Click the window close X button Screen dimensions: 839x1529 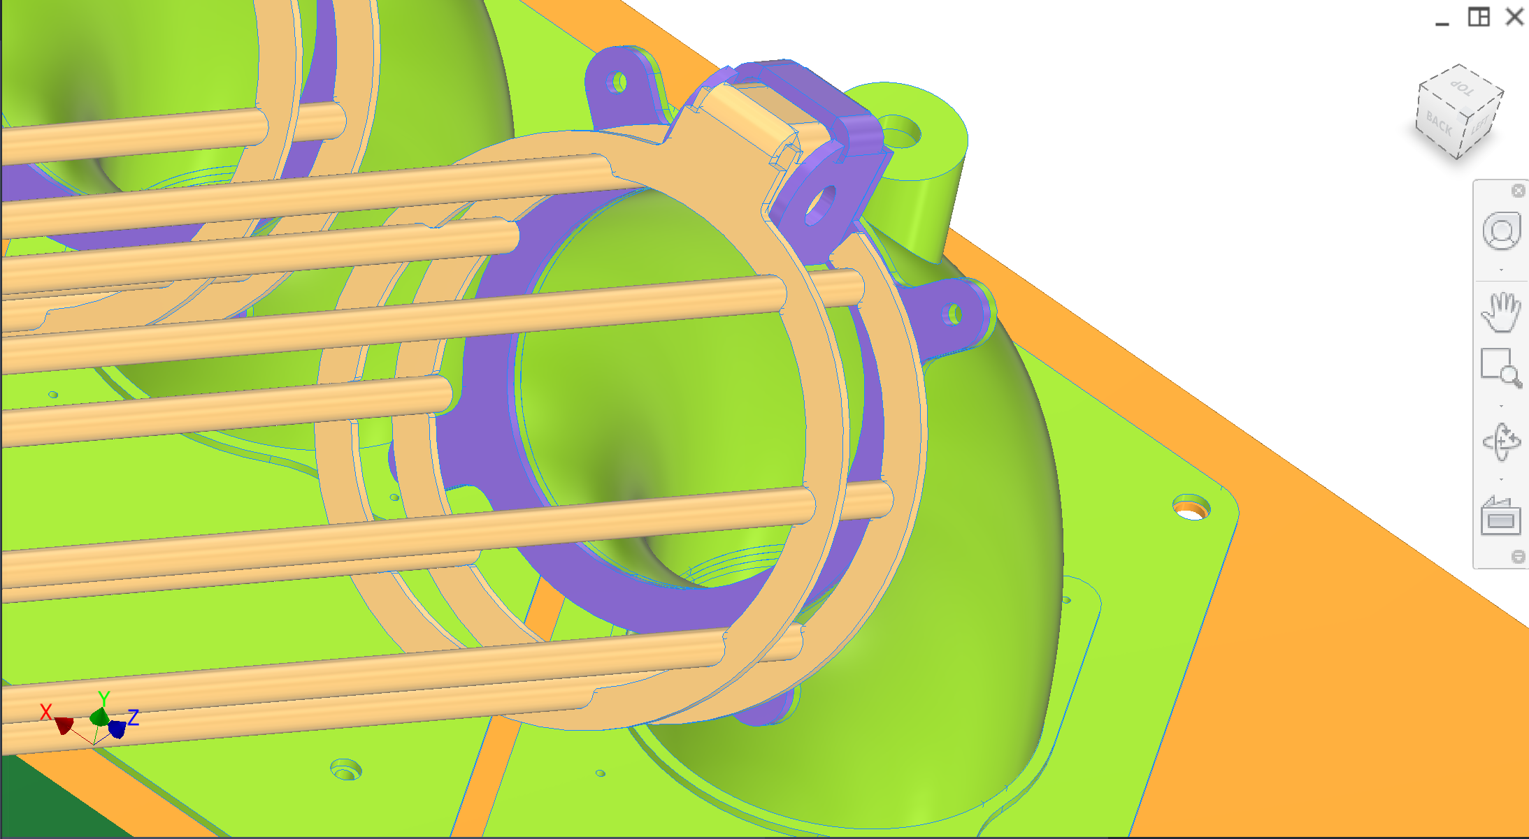[x=1514, y=17]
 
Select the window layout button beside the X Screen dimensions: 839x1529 [x=1478, y=17]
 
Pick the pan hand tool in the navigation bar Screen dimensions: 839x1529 [x=1500, y=312]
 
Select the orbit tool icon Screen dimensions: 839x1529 [x=1500, y=442]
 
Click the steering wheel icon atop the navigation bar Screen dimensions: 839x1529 [x=1500, y=231]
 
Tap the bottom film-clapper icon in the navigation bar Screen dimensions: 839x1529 [x=1500, y=517]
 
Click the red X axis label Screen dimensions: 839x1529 [x=46, y=712]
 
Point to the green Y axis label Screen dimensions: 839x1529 [x=103, y=698]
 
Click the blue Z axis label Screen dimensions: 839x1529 [x=133, y=717]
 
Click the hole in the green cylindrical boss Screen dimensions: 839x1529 [x=902, y=132]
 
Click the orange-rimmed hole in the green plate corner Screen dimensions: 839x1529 [x=1191, y=508]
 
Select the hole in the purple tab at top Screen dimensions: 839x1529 [x=619, y=83]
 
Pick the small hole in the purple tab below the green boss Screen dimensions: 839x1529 [x=954, y=314]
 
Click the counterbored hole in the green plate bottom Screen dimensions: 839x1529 [x=345, y=770]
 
